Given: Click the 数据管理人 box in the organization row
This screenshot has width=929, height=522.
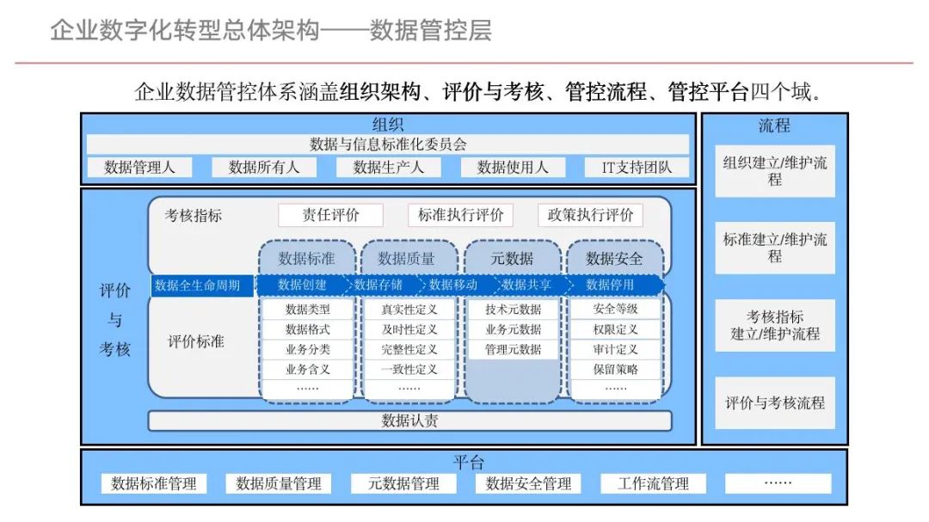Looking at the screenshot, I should [x=139, y=167].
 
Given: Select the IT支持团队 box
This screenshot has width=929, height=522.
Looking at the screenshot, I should [x=637, y=167].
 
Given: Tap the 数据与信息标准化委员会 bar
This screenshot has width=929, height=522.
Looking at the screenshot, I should [x=388, y=144].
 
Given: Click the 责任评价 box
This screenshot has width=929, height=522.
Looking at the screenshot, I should [x=330, y=215].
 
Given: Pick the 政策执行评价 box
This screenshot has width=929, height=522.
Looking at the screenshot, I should [x=590, y=215].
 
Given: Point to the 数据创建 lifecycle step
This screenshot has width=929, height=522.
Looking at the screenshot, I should [x=302, y=285].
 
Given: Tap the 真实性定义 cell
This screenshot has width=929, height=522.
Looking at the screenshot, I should [x=409, y=310].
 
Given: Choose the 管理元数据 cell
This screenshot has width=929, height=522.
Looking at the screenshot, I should [x=513, y=349].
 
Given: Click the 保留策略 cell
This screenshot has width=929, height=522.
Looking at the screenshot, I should [x=615, y=370].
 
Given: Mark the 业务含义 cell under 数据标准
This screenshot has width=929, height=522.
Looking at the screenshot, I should [x=307, y=370].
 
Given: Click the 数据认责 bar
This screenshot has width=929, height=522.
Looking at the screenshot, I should [x=409, y=421].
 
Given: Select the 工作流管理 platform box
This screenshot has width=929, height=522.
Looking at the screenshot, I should [x=653, y=483].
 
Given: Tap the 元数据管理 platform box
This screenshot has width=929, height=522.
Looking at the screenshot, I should [x=403, y=483].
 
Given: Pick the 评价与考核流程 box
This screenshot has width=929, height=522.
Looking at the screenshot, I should [x=774, y=402].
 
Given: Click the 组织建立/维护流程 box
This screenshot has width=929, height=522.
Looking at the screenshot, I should [x=774, y=170].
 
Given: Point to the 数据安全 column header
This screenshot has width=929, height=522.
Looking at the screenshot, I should [x=614, y=258].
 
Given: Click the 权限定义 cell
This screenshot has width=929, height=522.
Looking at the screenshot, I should [x=615, y=329].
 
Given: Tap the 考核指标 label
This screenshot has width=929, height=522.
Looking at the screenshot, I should [x=194, y=216].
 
